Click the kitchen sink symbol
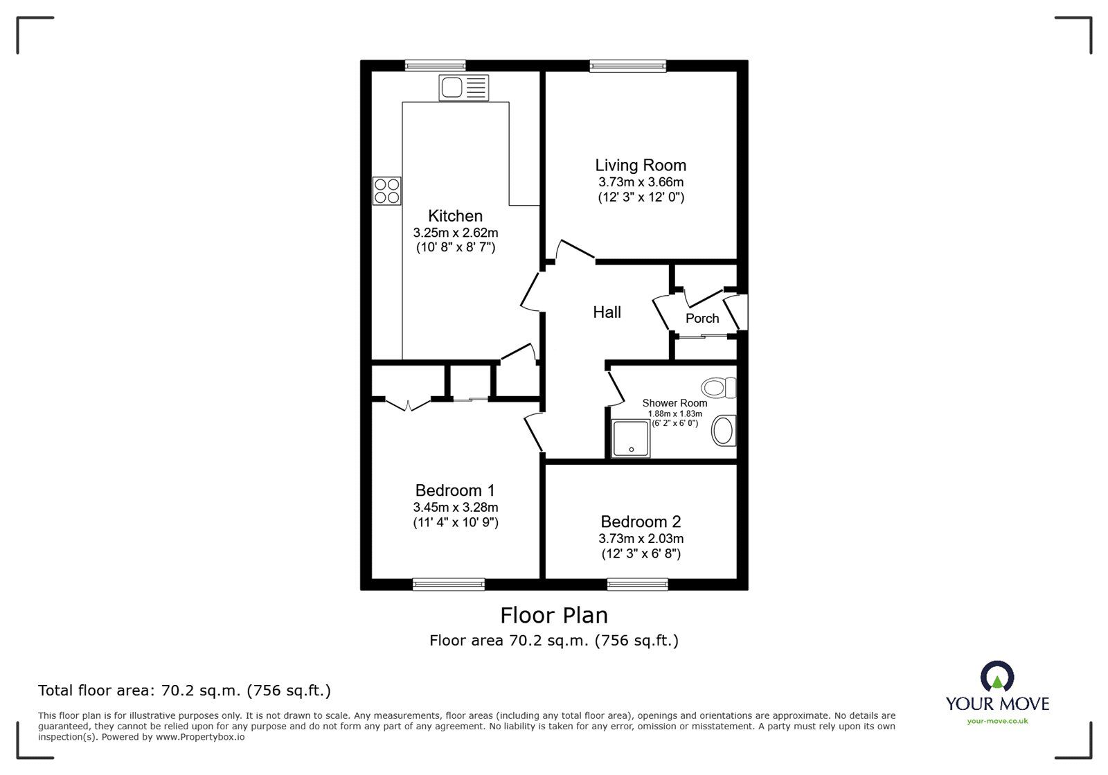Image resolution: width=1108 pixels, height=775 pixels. (x=463, y=88)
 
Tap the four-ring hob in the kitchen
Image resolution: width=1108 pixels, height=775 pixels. (x=386, y=191)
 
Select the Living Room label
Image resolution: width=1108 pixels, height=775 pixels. (x=641, y=165)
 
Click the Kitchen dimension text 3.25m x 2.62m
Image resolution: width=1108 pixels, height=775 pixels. (x=455, y=233)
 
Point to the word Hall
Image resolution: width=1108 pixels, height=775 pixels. (x=607, y=312)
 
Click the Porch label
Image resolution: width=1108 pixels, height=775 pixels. (x=702, y=319)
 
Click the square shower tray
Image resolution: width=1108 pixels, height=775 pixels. (x=631, y=438)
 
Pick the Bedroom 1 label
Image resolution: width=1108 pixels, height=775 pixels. (x=455, y=490)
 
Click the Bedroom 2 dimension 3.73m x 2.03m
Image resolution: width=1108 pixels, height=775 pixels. (x=641, y=538)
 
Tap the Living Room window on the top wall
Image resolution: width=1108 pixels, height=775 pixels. (x=627, y=66)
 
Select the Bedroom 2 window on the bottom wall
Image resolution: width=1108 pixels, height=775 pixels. (x=638, y=584)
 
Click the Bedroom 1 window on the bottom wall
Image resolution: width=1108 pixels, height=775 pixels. (x=448, y=584)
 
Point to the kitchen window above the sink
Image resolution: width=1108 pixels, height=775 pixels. (x=435, y=66)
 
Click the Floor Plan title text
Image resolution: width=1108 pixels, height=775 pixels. (x=554, y=615)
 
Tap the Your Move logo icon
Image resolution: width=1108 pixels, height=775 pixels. (x=997, y=677)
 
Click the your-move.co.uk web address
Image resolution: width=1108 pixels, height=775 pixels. (x=997, y=721)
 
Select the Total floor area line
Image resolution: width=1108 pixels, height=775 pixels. (x=184, y=691)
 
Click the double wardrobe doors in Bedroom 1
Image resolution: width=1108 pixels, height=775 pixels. (x=408, y=404)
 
